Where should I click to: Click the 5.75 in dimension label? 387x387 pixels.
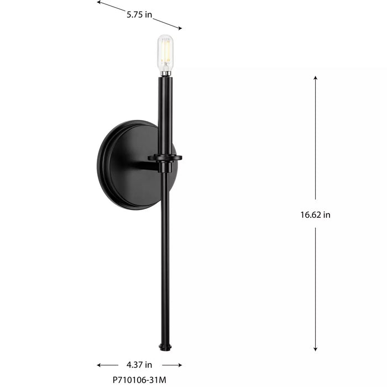[x=139, y=15]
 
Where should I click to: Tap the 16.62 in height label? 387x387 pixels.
[x=312, y=215]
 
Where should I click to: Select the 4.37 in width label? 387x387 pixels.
[x=139, y=365]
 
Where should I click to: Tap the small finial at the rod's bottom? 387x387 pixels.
[x=164, y=347]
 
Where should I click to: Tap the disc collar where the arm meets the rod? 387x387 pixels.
[x=165, y=158]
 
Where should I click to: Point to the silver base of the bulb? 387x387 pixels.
[x=165, y=72]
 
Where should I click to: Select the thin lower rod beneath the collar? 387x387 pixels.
[x=164, y=254]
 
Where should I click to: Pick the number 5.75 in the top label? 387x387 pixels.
[x=135, y=15]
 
